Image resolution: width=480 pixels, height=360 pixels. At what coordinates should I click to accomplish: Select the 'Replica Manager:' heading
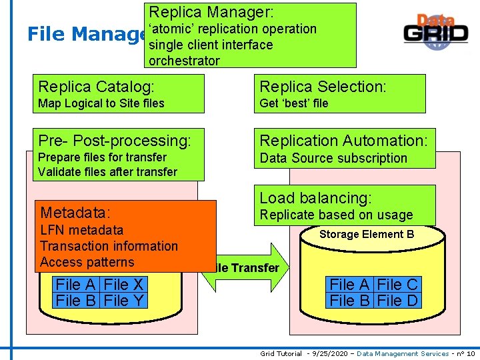coord(211,12)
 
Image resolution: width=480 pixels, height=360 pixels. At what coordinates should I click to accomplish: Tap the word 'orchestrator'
coord(184,61)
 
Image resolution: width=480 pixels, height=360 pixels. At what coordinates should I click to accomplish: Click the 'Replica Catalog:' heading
coord(97,86)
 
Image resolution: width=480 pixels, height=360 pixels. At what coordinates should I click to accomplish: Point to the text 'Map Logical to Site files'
coord(101,103)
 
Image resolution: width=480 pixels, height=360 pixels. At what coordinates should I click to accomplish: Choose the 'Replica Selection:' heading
coord(323,86)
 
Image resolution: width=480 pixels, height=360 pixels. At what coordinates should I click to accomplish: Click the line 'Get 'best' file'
coord(294,103)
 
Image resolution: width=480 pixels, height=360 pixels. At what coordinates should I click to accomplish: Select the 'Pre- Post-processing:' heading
coord(115,141)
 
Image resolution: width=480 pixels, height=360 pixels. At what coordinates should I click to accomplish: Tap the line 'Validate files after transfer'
coord(108,172)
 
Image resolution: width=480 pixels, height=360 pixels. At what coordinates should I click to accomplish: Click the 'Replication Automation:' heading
coord(344,141)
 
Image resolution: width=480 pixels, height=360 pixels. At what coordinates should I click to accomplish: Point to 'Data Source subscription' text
coord(333,158)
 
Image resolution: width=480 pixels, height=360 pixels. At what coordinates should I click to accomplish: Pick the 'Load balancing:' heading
coord(315,198)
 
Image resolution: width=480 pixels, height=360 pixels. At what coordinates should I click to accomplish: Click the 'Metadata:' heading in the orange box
coord(75,213)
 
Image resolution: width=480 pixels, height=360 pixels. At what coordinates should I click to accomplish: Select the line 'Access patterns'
coord(87,262)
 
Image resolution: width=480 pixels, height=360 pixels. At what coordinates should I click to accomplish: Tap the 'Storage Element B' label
coord(367,234)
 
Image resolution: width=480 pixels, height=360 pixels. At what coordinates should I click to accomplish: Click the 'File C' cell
coord(397,285)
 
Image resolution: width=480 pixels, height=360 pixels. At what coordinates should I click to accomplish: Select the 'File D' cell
coord(397,301)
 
